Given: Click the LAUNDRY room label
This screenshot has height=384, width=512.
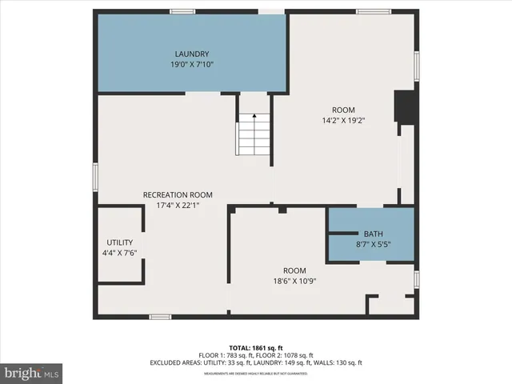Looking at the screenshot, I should pyautogui.click(x=192, y=54).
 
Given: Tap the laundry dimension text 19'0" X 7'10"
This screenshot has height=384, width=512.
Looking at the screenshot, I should pyautogui.click(x=192, y=65).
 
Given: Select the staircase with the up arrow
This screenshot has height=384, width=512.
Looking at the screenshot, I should pyautogui.click(x=254, y=134).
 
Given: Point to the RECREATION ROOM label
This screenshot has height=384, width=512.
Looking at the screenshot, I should pyautogui.click(x=178, y=194).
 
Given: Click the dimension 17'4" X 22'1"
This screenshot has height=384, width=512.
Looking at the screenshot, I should pyautogui.click(x=178, y=205).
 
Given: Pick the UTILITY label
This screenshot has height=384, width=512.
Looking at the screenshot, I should pyautogui.click(x=120, y=242).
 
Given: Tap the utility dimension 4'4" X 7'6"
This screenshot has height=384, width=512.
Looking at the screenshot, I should pyautogui.click(x=120, y=253).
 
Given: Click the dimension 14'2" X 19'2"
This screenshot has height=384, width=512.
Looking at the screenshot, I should pyautogui.click(x=344, y=121).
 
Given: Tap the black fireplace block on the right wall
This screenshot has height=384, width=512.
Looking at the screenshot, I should pyautogui.click(x=406, y=107).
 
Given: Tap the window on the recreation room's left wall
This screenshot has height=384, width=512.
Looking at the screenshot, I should pyautogui.click(x=95, y=177).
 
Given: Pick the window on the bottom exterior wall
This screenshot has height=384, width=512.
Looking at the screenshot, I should pyautogui.click(x=160, y=317).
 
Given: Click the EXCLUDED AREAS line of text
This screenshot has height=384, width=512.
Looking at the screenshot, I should pyautogui.click(x=256, y=362).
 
